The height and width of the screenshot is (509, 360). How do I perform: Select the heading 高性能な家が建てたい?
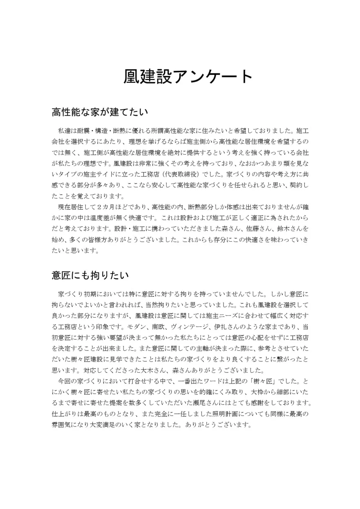100,112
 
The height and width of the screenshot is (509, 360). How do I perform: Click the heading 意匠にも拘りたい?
90,275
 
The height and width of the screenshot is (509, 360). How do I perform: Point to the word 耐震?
84,130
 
